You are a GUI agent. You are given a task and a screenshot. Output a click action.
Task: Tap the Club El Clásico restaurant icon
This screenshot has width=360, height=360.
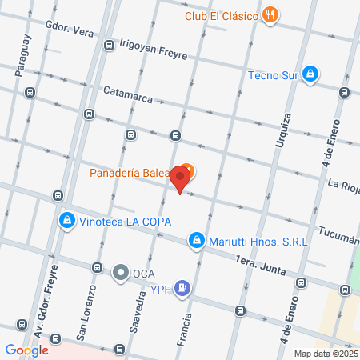272,15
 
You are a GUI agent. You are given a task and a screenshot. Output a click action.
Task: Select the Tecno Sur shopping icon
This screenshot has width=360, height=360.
310,75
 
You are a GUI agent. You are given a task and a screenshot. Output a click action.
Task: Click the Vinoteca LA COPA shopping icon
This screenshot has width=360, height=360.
67,220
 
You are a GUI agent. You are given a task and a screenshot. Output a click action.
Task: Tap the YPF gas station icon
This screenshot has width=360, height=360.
184,288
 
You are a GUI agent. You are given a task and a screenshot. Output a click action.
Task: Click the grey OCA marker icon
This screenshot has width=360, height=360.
121,273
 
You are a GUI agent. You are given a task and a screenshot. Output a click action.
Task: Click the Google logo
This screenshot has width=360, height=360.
26,350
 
